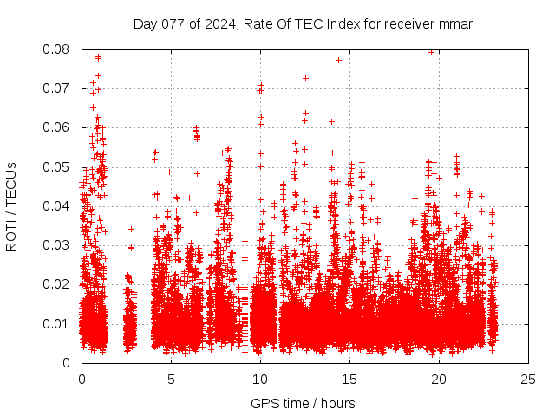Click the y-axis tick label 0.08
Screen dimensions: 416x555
pyautogui.click(x=56, y=49)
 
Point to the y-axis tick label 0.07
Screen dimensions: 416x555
pyautogui.click(x=56, y=88)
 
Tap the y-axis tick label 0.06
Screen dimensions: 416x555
pyautogui.click(x=56, y=127)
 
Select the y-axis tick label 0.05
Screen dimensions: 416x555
pyautogui.click(x=56, y=167)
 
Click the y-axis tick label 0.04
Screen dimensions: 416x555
pyautogui.click(x=56, y=206)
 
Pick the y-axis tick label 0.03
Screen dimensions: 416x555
pyautogui.click(x=56, y=245)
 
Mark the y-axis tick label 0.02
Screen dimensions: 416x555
pyautogui.click(x=56, y=284)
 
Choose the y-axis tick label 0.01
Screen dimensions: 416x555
pyautogui.click(x=56, y=324)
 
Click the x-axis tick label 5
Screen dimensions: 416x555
pyautogui.click(x=171, y=379)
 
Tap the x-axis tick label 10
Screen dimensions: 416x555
pyautogui.click(x=260, y=379)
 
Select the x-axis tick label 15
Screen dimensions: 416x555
pyautogui.click(x=349, y=379)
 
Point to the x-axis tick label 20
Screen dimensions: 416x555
pyautogui.click(x=439, y=379)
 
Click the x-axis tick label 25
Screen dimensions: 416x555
pyautogui.click(x=528, y=379)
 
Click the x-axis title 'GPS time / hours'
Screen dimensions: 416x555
pyautogui.click(x=303, y=403)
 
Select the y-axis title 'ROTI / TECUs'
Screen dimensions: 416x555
pyautogui.click(x=12, y=206)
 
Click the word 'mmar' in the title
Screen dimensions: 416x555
pyautogui.click(x=456, y=23)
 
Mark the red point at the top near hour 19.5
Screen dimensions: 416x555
pyautogui.click(x=431, y=52)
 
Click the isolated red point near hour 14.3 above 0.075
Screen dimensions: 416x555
pyautogui.click(x=338, y=60)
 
